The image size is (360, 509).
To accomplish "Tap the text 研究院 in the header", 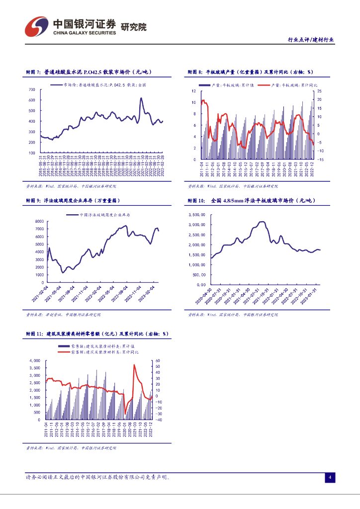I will click(x=134, y=27).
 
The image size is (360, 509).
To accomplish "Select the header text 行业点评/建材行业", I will click(x=311, y=40).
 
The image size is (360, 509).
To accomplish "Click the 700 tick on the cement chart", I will click(x=32, y=89).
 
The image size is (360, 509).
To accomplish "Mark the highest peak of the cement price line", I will click(x=141, y=98).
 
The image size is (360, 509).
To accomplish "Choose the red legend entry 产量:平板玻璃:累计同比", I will click(x=295, y=85).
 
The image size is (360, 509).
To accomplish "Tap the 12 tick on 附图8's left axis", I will click(x=194, y=91).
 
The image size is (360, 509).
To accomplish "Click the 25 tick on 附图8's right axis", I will click(x=319, y=91).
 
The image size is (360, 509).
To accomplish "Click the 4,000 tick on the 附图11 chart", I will click(x=34, y=360).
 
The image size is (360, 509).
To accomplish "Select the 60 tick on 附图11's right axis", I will click(x=158, y=360).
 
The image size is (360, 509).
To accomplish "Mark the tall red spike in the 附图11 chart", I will click(x=134, y=365).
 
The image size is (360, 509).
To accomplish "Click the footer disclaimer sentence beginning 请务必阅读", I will click(x=97, y=477).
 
